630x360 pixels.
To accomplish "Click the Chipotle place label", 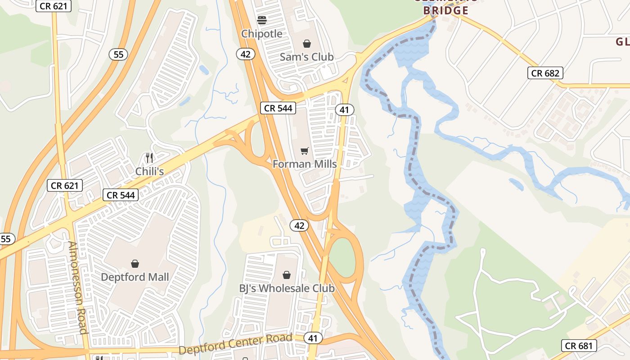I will click(x=262, y=34).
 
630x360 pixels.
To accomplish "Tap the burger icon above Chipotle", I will click(x=262, y=20).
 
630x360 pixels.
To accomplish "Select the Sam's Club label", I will click(x=306, y=57).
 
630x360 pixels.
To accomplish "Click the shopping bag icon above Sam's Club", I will click(x=306, y=44).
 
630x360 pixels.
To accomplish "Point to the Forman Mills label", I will click(x=305, y=164).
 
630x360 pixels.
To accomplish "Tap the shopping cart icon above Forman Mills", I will click(x=305, y=151).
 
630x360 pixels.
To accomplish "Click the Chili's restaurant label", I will click(x=149, y=171).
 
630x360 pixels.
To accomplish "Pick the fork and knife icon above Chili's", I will click(x=149, y=158).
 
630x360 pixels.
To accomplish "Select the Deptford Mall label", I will click(x=135, y=277).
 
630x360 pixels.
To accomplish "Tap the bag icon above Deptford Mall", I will click(x=135, y=264).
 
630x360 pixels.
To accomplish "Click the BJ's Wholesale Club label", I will click(x=287, y=288).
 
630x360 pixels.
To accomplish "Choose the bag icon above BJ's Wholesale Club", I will click(x=287, y=275).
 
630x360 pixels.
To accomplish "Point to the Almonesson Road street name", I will click(x=77, y=288).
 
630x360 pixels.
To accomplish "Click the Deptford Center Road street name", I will click(x=236, y=344).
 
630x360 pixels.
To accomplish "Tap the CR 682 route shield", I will click(x=545, y=73).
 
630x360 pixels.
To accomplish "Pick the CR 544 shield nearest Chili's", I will click(x=120, y=195).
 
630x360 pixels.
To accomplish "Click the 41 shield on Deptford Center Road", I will click(x=312, y=338).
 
